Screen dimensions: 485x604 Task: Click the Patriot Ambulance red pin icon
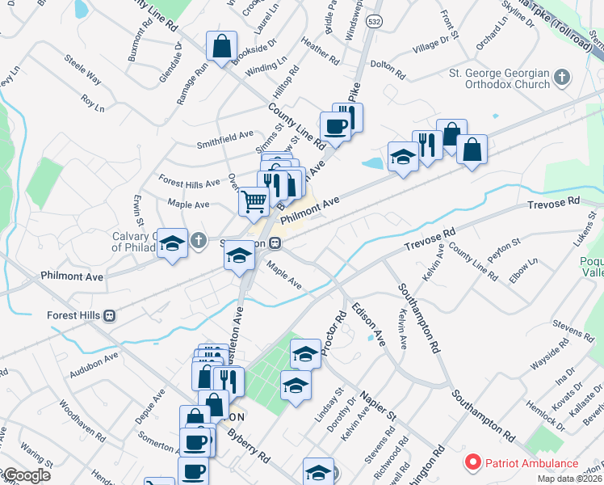click(471, 463)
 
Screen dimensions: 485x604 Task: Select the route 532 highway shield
click(373, 18)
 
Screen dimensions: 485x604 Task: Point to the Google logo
click(26, 476)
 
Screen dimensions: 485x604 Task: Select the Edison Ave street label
click(368, 324)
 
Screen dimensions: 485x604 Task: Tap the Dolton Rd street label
click(387, 70)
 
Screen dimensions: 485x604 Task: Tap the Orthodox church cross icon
click(562, 79)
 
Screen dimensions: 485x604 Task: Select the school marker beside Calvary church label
click(172, 243)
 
